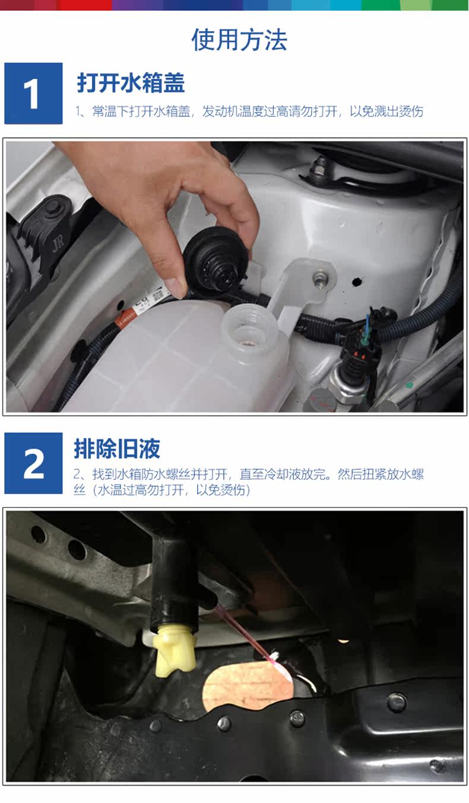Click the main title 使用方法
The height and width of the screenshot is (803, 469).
point(239,40)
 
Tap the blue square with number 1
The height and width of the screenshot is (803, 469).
point(33,93)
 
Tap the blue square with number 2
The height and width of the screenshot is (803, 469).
point(33,463)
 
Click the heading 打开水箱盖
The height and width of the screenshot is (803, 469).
point(131,83)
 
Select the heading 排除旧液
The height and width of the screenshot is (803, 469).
point(117,449)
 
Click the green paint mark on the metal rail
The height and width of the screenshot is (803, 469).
point(409,385)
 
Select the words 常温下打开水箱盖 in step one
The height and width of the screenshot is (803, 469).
point(141,112)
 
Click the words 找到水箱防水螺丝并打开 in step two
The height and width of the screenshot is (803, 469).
point(160,474)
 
